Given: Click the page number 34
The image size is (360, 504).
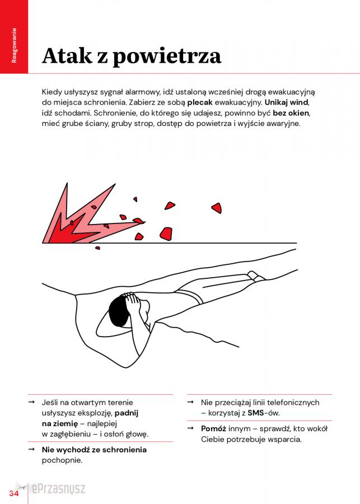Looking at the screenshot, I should pos(14,492).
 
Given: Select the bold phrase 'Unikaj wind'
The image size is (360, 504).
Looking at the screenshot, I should pos(286,102).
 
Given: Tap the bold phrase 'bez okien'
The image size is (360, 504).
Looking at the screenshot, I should pos(291,113).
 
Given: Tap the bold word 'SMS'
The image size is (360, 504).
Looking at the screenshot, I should pos(256,413).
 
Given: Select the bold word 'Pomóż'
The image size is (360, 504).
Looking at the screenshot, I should pos(213,429).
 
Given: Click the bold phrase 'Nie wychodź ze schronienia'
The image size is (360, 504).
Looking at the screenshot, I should pos(94,450).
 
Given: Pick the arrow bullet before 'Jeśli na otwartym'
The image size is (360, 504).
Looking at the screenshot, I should pos(31,402).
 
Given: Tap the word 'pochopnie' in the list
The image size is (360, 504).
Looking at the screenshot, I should pos(61,460).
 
